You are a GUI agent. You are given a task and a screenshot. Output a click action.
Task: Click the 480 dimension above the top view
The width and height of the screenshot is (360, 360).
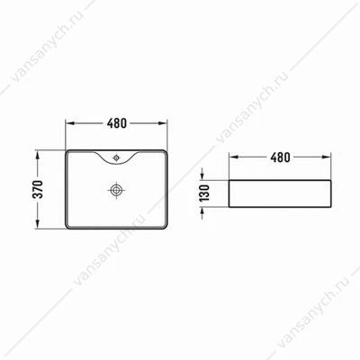click(x=117, y=123)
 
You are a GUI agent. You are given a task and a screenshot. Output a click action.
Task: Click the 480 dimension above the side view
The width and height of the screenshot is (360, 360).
click(x=280, y=157)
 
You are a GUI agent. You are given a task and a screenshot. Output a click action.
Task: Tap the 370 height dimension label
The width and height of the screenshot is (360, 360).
click(x=38, y=189)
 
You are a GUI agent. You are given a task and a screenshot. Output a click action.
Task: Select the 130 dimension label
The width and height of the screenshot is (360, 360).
click(x=204, y=193)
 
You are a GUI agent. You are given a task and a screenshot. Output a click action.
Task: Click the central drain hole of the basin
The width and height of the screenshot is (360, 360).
click(x=116, y=190)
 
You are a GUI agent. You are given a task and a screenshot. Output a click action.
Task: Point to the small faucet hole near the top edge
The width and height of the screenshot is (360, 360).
click(x=116, y=157)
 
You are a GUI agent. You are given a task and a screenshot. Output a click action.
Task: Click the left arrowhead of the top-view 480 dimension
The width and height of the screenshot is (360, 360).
click(x=69, y=123)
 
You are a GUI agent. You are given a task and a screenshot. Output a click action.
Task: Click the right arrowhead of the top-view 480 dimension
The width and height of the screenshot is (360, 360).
click(x=163, y=123)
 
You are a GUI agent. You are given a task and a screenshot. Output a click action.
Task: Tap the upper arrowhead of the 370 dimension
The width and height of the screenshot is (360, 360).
click(x=38, y=155)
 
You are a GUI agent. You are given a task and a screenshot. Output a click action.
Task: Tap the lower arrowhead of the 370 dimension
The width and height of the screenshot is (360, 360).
click(x=38, y=224)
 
